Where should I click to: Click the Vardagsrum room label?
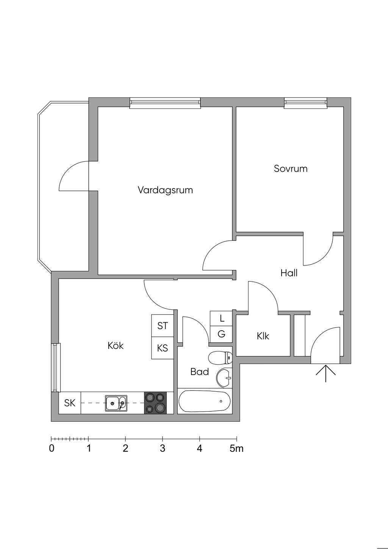(165, 190)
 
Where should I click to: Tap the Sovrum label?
(291, 168)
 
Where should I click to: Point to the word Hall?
(289, 273)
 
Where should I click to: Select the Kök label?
(116, 345)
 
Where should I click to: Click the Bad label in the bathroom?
(199, 372)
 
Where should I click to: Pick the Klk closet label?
(263, 336)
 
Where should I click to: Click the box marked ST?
(163, 326)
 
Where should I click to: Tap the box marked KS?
(163, 348)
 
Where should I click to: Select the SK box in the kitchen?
(70, 403)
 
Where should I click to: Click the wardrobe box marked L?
(222, 318)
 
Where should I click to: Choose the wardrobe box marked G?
(222, 334)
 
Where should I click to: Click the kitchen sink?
(116, 403)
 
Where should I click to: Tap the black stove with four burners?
(155, 403)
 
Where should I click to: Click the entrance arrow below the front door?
(326, 373)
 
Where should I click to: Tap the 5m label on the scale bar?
(236, 449)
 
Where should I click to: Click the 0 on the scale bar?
(52, 449)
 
